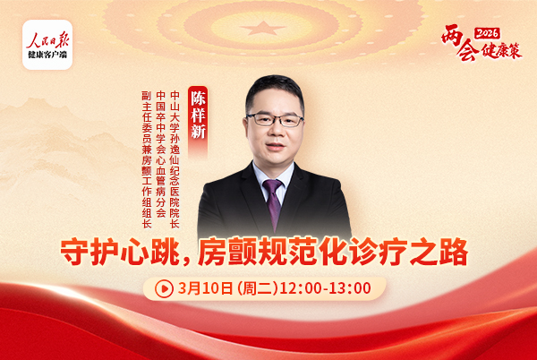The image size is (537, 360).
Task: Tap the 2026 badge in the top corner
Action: [487, 32]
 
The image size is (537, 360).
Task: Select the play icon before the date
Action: [165, 288]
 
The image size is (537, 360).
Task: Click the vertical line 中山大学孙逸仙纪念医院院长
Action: [175, 158]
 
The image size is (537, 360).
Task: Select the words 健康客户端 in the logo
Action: [47, 55]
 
